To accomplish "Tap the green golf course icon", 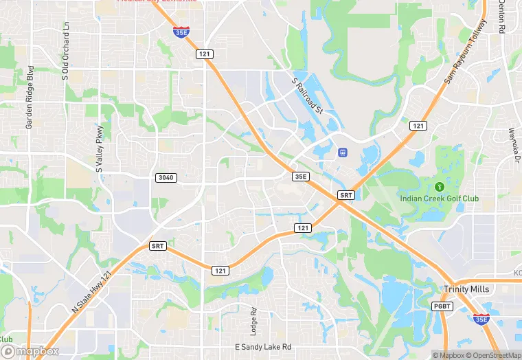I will pos(440,186).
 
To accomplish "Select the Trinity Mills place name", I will pos(466,289).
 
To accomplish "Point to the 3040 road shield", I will pos(167,178).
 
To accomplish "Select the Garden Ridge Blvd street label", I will pos(30,97).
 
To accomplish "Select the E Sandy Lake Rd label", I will pos(263,347).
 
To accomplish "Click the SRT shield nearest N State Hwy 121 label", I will pos(158,245).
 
